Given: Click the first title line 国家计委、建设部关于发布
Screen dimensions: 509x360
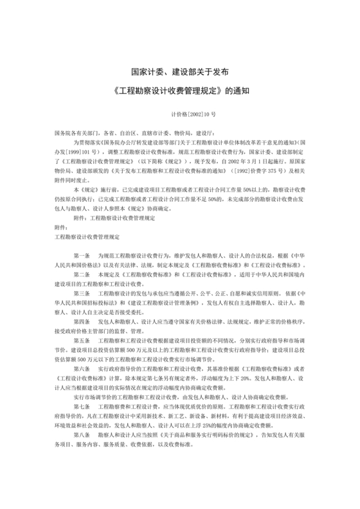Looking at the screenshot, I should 180,72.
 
